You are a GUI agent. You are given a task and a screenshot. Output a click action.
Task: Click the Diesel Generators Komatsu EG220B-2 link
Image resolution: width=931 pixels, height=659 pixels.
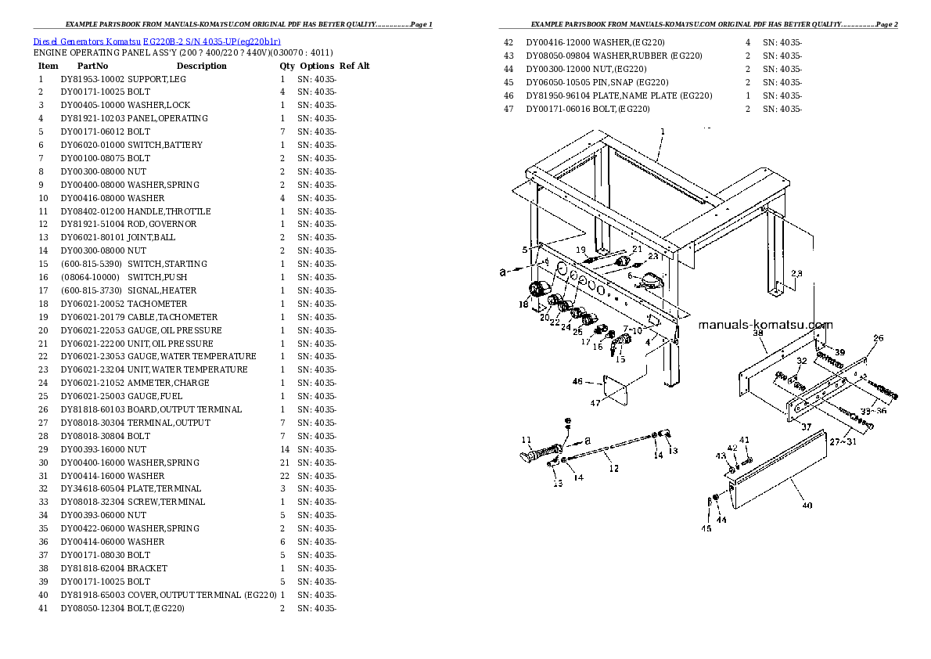[156, 41]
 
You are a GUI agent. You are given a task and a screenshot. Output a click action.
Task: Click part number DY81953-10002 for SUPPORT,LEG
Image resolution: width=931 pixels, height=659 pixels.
[92, 79]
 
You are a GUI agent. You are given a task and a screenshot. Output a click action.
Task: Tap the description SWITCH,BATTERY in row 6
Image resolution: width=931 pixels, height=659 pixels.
[165, 145]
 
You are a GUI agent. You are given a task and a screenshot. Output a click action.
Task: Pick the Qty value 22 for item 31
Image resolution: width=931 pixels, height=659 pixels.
[285, 476]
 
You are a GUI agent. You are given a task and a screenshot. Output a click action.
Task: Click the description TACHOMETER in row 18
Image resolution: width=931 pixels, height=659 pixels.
[157, 304]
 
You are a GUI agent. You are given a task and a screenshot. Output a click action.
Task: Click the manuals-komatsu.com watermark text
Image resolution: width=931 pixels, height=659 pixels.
[764, 326]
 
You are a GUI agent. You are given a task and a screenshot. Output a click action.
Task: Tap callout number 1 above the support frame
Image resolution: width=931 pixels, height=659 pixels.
[663, 131]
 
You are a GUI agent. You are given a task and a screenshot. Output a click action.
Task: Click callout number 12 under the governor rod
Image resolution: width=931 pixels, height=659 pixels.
[613, 468]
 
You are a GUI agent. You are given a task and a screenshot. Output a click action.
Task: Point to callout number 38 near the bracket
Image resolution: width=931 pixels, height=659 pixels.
[757, 333]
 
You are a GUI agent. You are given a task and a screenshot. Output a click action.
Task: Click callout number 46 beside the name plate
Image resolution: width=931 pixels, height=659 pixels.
[577, 381]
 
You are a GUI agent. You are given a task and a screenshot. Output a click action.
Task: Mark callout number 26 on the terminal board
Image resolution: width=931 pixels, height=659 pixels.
[878, 339]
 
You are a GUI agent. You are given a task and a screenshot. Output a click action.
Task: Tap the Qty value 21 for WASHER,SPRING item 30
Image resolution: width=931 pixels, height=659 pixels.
[285, 463]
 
